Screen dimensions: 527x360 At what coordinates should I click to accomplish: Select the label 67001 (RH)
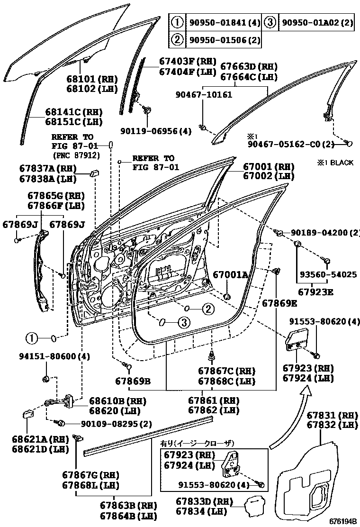click(269, 167)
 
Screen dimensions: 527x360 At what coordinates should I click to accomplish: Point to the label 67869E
click(279, 302)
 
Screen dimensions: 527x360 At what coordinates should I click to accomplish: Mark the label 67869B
click(133, 381)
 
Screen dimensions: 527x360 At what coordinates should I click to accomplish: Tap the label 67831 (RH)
click(332, 415)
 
